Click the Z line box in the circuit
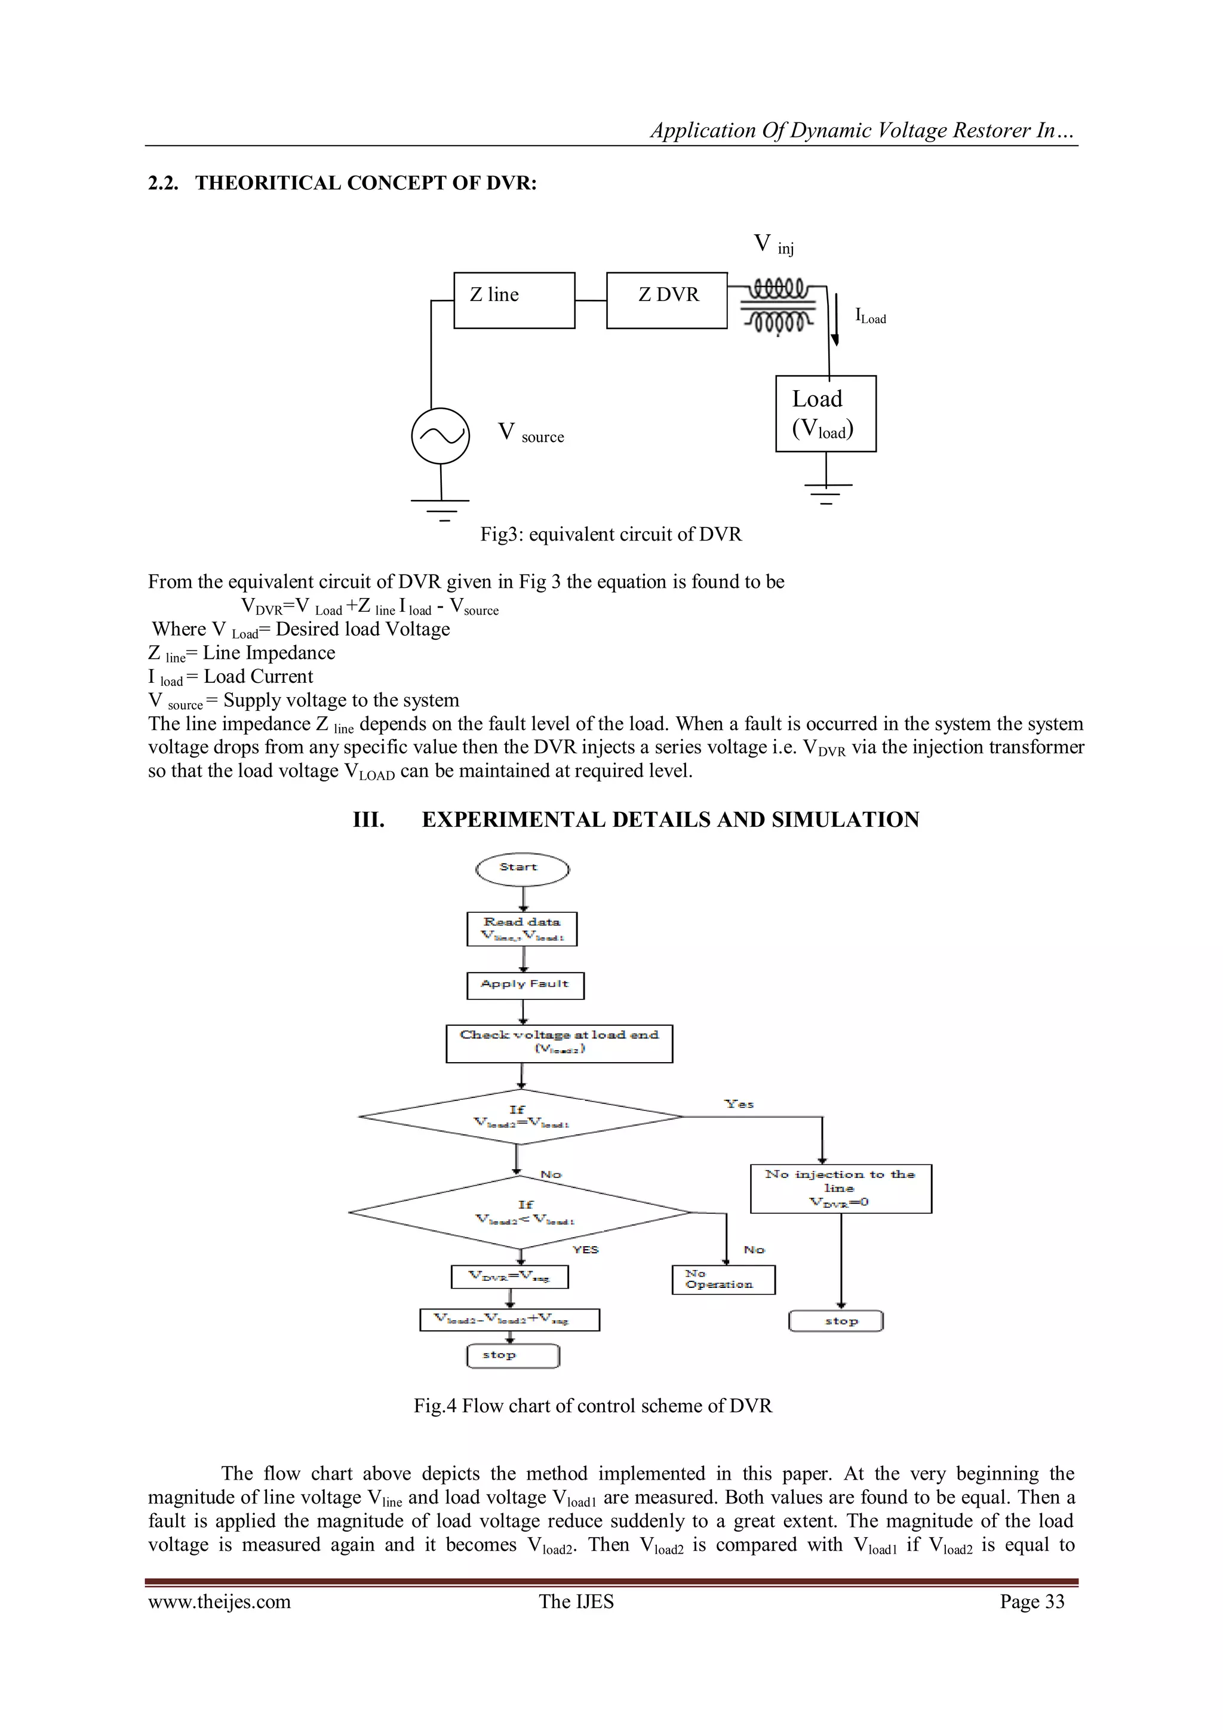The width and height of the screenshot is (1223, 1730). pyautogui.click(x=514, y=300)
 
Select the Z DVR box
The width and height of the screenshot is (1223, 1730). pyautogui.click(x=666, y=300)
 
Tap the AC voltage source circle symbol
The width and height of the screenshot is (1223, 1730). pyautogui.click(x=441, y=436)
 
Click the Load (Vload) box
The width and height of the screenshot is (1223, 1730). pyautogui.click(x=825, y=413)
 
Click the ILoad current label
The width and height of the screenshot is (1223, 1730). pyautogui.click(x=871, y=317)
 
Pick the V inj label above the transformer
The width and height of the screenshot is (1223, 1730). pyautogui.click(x=773, y=244)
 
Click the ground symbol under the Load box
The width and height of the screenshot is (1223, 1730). pyautogui.click(x=827, y=491)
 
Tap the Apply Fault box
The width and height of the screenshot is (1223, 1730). pyautogui.click(x=525, y=985)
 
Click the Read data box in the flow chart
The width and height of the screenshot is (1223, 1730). pyautogui.click(x=522, y=929)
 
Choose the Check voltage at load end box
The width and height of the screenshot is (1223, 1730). pyautogui.click(x=559, y=1043)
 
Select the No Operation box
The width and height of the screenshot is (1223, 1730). pyautogui.click(x=723, y=1280)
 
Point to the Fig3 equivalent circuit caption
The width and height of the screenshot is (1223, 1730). pyautogui.click(x=611, y=534)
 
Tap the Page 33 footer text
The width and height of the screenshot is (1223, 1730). pyautogui.click(x=1032, y=1601)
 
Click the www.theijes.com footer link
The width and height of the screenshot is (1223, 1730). pyautogui.click(x=219, y=1601)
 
